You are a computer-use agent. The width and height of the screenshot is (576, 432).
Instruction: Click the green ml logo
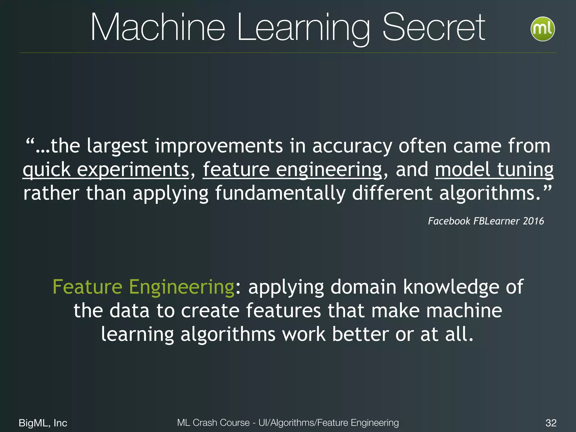(x=542, y=29)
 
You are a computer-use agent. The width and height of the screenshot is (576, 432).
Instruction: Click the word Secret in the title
(x=434, y=28)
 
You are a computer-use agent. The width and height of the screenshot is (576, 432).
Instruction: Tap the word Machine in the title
(x=157, y=28)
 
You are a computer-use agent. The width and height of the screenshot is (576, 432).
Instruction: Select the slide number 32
(x=551, y=423)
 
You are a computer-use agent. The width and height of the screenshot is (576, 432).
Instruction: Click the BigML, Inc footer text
(x=43, y=423)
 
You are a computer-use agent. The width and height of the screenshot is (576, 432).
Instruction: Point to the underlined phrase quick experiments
(x=106, y=170)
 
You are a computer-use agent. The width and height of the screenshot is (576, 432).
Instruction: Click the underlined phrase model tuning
(x=494, y=170)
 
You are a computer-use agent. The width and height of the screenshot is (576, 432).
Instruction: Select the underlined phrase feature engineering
(x=292, y=170)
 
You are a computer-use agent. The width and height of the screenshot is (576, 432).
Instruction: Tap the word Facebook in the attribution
(x=449, y=221)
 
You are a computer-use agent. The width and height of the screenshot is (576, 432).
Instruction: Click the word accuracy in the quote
(x=352, y=146)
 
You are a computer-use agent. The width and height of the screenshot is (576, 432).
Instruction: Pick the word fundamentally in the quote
(x=280, y=193)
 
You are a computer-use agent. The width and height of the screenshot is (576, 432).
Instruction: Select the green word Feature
(x=87, y=287)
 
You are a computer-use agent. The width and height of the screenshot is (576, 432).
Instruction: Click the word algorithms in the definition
(x=228, y=335)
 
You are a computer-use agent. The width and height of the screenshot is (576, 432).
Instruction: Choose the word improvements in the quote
(x=219, y=146)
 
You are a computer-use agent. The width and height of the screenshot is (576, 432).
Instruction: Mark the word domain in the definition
(x=363, y=287)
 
